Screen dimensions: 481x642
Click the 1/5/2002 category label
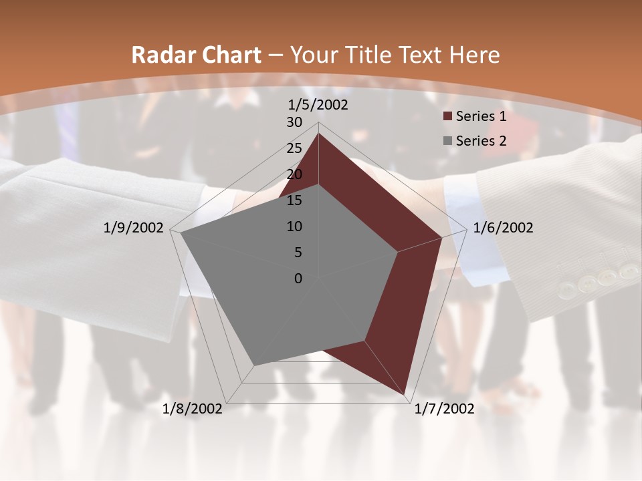[x=318, y=105]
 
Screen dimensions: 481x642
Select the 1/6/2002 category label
[x=503, y=228]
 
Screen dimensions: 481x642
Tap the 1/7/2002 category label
[x=444, y=409]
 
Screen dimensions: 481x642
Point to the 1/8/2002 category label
[x=193, y=409]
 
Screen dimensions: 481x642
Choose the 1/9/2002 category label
[x=134, y=228]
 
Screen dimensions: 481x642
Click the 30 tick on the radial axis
[x=294, y=122]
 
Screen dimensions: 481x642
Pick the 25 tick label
[x=294, y=148]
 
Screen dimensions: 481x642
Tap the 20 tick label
[x=294, y=174]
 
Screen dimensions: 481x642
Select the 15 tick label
[x=294, y=200]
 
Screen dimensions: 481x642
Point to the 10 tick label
[x=294, y=226]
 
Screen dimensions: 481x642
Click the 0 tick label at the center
[x=298, y=279]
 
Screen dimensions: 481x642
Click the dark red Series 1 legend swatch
[x=447, y=117]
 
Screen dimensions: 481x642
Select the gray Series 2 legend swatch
[x=447, y=141]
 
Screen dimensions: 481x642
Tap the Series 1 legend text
[x=481, y=116]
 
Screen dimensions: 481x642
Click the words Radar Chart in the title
[x=196, y=55]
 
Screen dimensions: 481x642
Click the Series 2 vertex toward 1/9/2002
[x=181, y=233]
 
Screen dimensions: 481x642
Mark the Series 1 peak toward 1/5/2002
[x=318, y=133]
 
